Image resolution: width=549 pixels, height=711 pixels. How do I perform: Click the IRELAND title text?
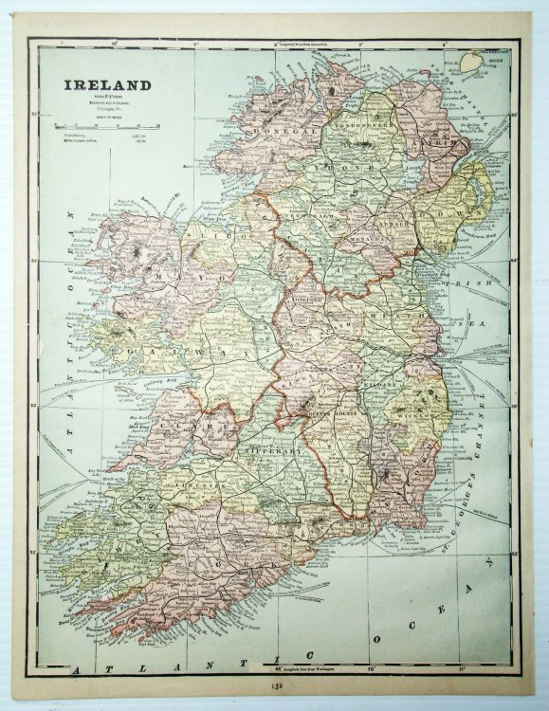[107, 84]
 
